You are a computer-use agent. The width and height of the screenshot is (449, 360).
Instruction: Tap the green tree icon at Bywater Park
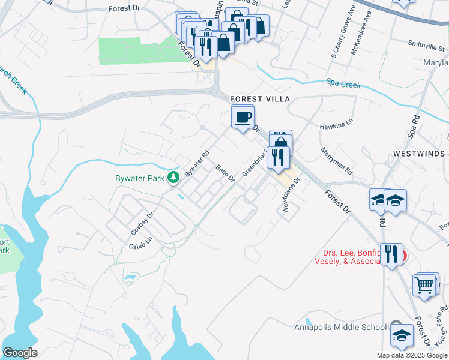[173, 177]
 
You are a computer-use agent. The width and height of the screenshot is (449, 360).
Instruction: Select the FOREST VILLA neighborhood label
[259, 99]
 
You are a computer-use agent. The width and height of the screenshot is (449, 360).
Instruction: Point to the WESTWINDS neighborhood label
[420, 154]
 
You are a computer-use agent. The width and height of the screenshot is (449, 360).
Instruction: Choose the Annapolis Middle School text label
[340, 327]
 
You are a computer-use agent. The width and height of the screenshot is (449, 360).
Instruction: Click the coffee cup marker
[243, 117]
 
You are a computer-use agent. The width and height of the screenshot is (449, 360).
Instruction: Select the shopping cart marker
[425, 284]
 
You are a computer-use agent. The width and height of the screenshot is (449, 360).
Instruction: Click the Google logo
[20, 353]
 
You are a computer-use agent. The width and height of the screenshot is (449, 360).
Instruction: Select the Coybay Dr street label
[142, 223]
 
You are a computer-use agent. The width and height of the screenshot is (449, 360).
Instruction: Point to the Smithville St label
[425, 43]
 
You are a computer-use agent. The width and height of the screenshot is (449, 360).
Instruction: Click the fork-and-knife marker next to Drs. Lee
[391, 254]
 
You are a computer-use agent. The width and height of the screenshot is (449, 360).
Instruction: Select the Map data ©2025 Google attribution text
[412, 355]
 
